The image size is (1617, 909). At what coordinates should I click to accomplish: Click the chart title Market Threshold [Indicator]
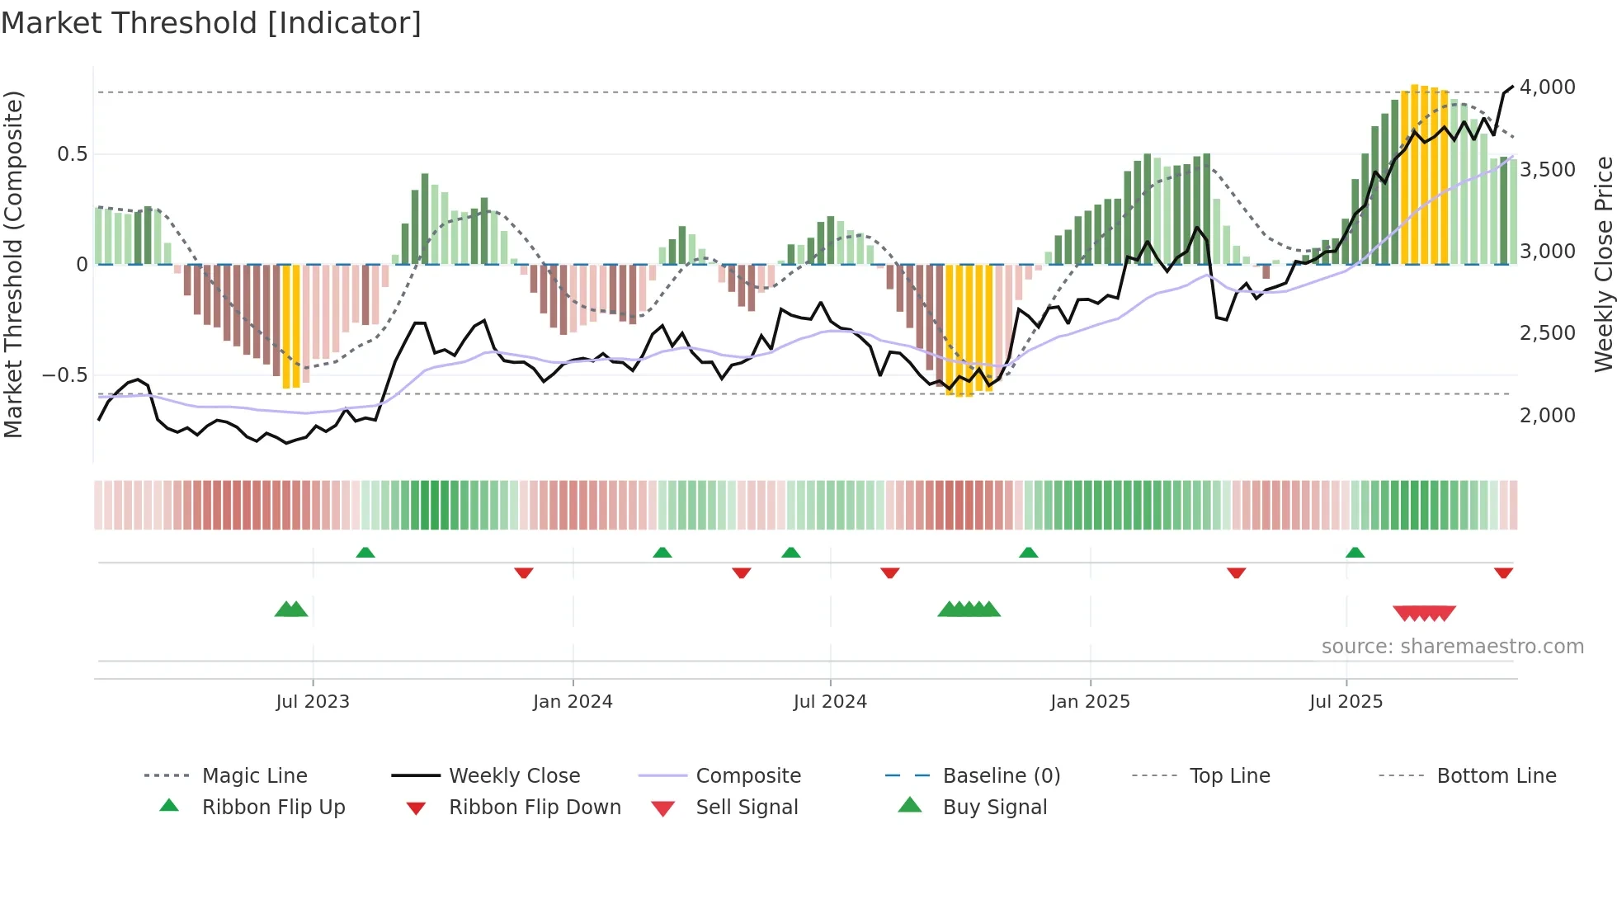coord(211,23)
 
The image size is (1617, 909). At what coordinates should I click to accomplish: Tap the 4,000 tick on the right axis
coord(1547,87)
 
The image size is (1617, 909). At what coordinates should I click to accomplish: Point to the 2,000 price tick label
coord(1547,416)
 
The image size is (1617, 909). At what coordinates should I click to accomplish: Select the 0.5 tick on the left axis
coord(72,154)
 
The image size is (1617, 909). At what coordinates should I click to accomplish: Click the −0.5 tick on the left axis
coord(65,375)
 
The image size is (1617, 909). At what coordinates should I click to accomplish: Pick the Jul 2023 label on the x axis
coord(313,702)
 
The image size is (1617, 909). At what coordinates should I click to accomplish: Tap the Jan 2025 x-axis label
coord(1090,702)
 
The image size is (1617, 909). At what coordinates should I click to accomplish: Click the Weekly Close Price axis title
coord(1603,264)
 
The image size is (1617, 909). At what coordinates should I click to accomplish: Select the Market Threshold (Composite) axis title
coord(13,264)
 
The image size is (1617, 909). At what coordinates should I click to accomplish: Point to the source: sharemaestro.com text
coord(1452,647)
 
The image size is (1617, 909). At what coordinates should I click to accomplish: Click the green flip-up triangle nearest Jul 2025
coord(1355,553)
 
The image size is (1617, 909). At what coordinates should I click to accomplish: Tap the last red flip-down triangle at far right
coord(1503,572)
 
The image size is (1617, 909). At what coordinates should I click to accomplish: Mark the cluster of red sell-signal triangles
coord(1424,613)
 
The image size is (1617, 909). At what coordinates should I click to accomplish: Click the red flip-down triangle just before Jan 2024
coord(523,572)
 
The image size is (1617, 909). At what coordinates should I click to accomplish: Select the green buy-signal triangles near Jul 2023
coord(291,610)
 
